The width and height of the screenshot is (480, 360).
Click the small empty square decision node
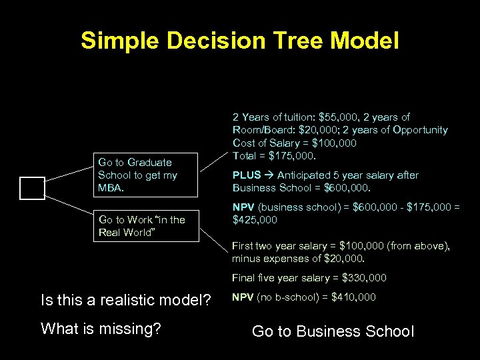(32, 189)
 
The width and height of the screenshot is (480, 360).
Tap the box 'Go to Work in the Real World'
(146, 226)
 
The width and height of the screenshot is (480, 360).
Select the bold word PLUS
(246, 175)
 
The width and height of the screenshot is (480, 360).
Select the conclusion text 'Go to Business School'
(333, 331)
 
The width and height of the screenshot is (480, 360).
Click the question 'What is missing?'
(101, 328)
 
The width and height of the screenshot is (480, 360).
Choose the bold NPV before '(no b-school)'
(243, 297)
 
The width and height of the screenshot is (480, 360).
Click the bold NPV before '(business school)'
(243, 207)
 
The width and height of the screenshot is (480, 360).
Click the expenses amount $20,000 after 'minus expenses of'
(348, 259)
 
